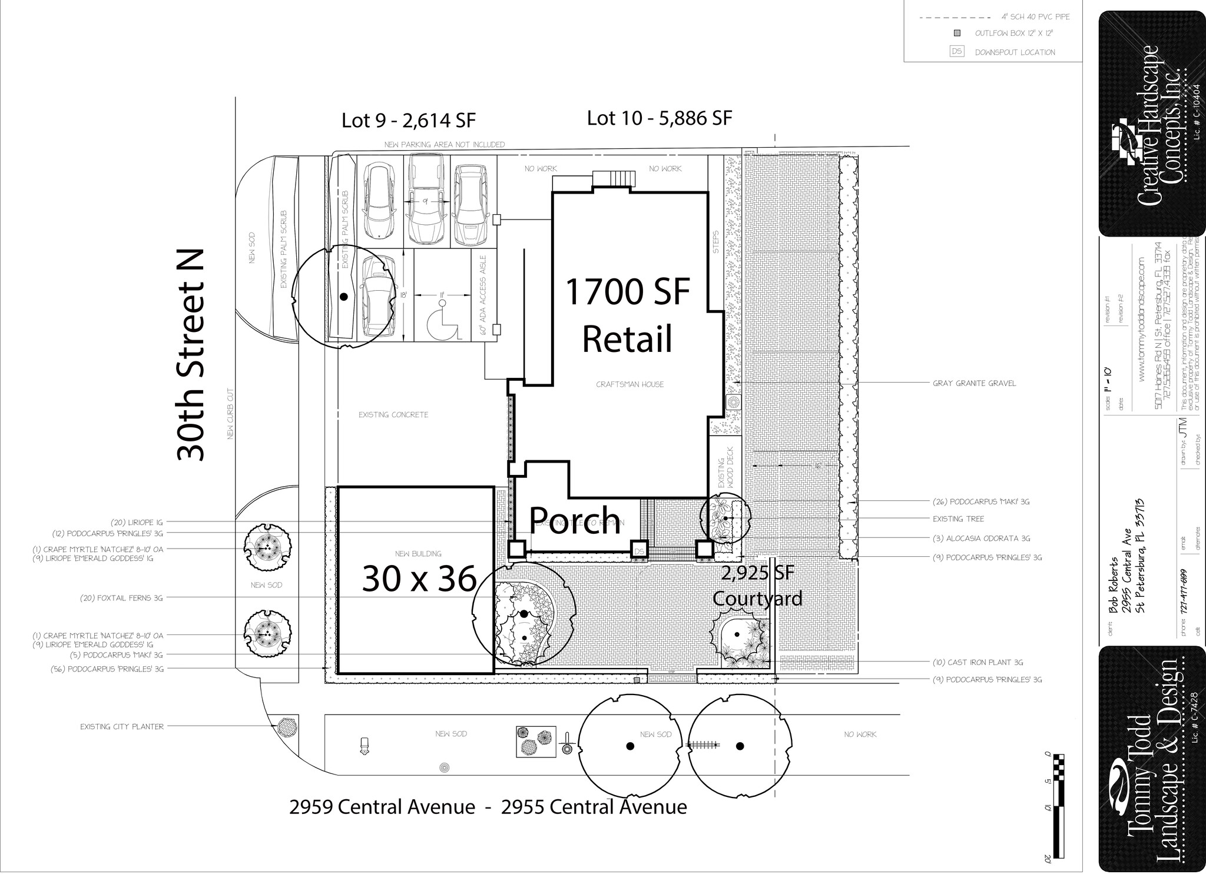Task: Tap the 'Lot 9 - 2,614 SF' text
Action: click(x=408, y=121)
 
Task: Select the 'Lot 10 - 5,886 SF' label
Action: click(x=659, y=118)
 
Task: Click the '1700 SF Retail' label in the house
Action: click(x=627, y=316)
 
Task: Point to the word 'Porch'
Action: click(x=575, y=520)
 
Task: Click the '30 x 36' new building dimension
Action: click(x=419, y=579)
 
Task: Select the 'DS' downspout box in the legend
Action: click(x=957, y=52)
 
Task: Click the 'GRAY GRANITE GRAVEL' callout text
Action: click(x=974, y=383)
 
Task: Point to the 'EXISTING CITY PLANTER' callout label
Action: click(x=122, y=727)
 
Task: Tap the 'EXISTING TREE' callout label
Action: click(x=958, y=519)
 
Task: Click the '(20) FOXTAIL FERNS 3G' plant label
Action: click(x=121, y=598)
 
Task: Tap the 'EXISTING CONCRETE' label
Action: click(x=393, y=415)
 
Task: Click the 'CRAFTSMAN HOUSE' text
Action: click(x=629, y=384)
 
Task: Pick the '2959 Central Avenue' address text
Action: click(x=382, y=807)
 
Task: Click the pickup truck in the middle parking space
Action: click(x=427, y=200)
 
